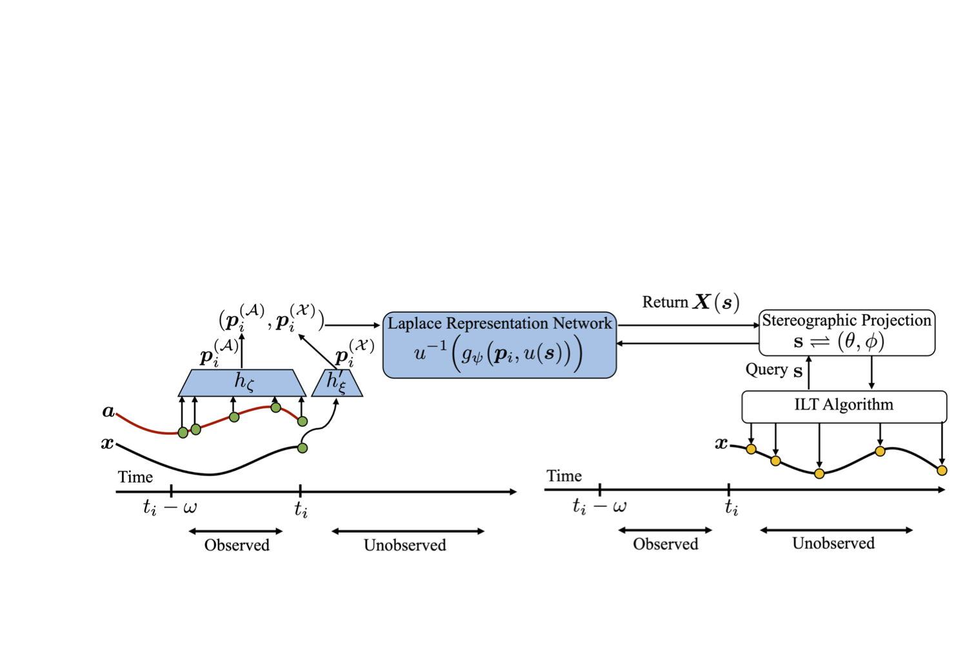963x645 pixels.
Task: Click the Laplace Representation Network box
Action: [499, 345]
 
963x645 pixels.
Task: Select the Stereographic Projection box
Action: [846, 333]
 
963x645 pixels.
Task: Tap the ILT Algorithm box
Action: [844, 406]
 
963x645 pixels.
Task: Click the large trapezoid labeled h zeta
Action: [242, 382]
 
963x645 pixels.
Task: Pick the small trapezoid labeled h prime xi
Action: [337, 383]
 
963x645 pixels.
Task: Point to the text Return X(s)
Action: [690, 303]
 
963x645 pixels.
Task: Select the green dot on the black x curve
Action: [303, 448]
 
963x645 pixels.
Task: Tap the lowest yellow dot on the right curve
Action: [819, 473]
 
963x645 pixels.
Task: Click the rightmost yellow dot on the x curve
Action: [942, 470]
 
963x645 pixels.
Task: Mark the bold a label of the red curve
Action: [108, 412]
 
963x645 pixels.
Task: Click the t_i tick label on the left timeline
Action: [301, 510]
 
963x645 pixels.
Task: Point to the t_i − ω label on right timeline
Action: [599, 507]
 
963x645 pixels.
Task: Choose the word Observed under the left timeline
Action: [237, 546]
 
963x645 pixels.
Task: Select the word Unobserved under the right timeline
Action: [833, 544]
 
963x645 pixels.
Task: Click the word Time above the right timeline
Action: [564, 476]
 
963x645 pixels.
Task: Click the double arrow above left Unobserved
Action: [408, 531]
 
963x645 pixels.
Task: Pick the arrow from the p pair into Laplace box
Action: [352, 325]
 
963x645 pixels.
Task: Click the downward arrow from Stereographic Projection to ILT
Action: [871, 373]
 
